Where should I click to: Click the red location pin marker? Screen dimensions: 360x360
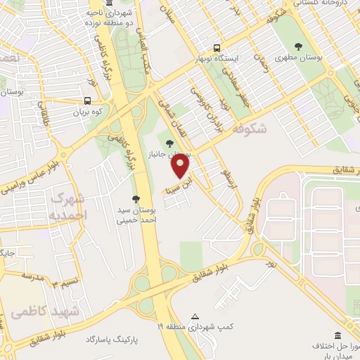click(x=181, y=165)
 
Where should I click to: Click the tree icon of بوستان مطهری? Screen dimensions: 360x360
click(x=299, y=46)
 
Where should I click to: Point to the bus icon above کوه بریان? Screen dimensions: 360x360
click(x=87, y=101)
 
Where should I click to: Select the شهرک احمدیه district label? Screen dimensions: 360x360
click(x=67, y=205)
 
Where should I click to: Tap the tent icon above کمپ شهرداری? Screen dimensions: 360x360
click(x=195, y=316)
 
